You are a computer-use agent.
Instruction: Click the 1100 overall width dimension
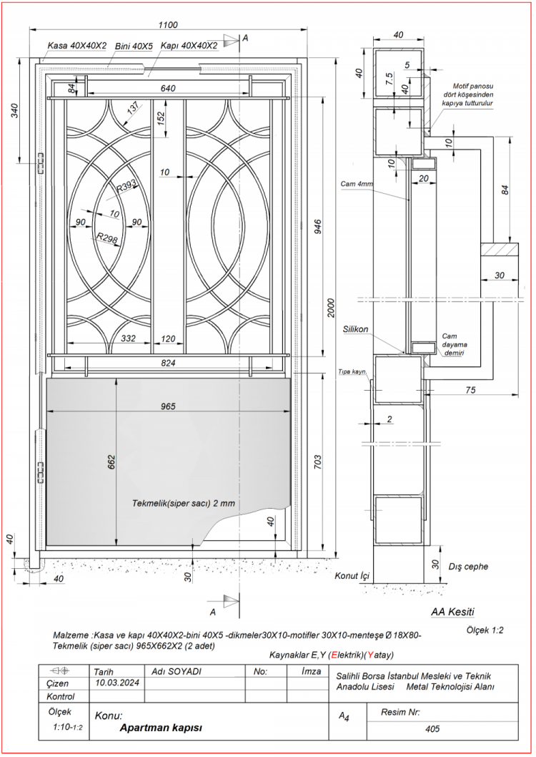pos(167,25)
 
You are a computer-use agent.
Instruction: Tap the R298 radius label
pos(106,238)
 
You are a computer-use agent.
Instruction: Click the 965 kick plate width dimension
pos(168,406)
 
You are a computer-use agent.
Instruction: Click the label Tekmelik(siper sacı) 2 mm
pos(184,503)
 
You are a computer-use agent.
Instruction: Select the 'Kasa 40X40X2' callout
pos(76,46)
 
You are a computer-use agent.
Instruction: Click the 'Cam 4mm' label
pos(357,184)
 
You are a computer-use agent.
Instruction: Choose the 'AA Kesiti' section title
pos(452,612)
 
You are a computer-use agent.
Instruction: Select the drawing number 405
pos(431,729)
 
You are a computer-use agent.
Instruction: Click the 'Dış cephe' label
pos(468,567)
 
